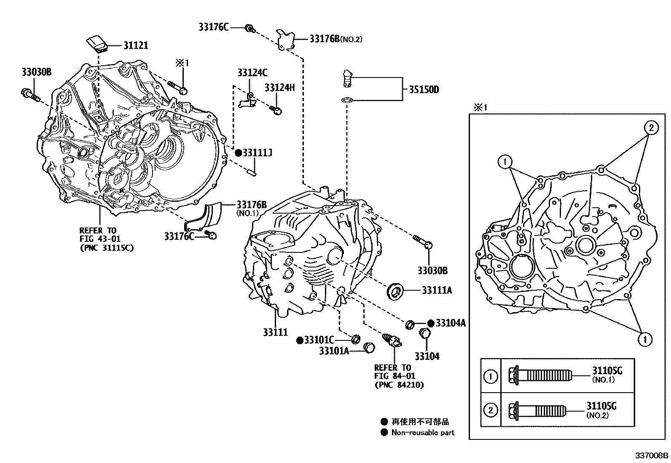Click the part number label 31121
(x=135, y=45)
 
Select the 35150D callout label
(x=424, y=90)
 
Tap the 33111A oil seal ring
(x=395, y=290)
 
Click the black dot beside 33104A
(x=430, y=323)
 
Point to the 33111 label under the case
(x=275, y=332)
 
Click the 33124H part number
(x=279, y=88)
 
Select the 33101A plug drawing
(x=369, y=347)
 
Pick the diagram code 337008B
(x=652, y=456)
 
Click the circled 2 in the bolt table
(x=490, y=410)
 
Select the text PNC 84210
(x=399, y=385)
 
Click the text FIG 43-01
(x=100, y=239)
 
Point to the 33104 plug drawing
(x=424, y=335)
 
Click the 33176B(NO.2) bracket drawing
(x=287, y=39)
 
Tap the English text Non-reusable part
(x=423, y=432)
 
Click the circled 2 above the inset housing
(x=650, y=128)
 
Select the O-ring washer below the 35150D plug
(x=346, y=100)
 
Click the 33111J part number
(x=257, y=153)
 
